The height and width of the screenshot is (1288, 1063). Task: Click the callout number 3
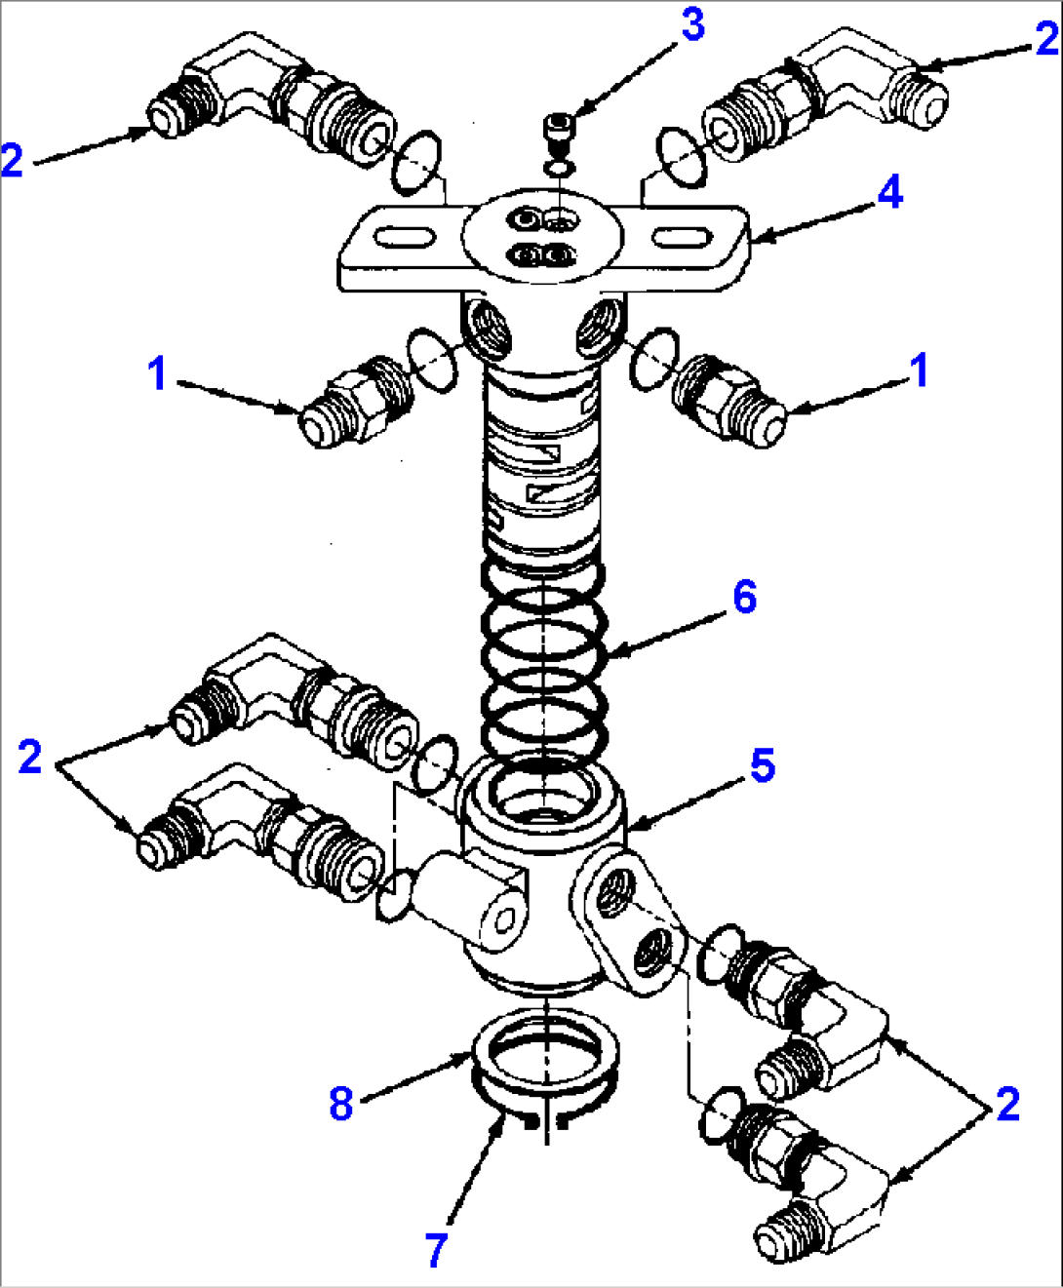(x=692, y=25)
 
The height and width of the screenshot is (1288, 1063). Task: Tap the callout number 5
(x=762, y=765)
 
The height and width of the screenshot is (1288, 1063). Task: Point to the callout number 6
(x=744, y=596)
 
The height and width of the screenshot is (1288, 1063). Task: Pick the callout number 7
(x=436, y=1249)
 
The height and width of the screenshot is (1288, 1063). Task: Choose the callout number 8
(x=340, y=1104)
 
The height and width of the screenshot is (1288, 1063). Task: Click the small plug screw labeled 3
(x=558, y=130)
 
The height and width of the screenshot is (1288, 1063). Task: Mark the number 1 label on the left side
(x=157, y=373)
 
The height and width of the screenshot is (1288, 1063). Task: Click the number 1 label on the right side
(x=919, y=371)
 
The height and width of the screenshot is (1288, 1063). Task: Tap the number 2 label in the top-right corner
(x=1046, y=39)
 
